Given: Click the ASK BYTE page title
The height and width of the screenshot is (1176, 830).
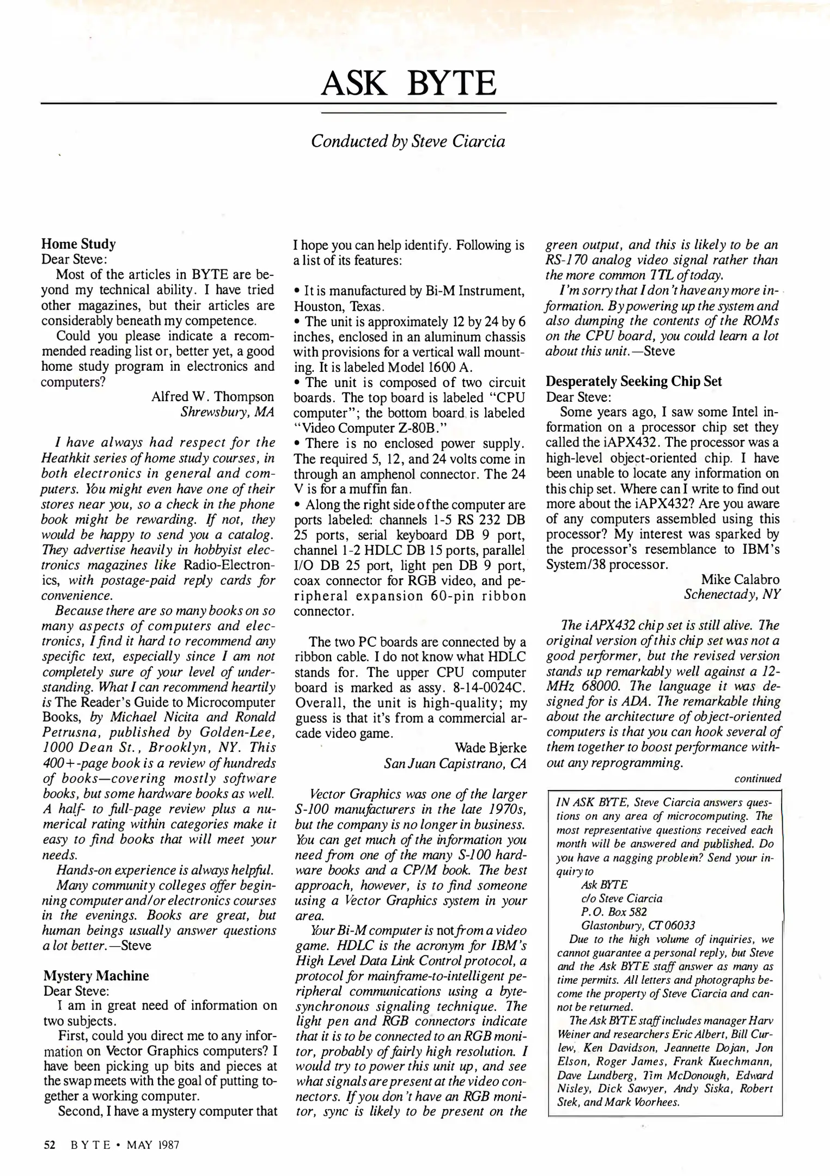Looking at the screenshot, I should coord(408,83).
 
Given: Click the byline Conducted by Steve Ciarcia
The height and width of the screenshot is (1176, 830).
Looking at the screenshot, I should coord(408,142).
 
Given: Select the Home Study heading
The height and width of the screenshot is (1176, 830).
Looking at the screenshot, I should coord(78,244).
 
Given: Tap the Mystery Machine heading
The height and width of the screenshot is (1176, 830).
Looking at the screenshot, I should coord(96,976).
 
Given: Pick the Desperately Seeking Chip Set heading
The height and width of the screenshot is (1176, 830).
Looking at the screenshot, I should coord(634,381).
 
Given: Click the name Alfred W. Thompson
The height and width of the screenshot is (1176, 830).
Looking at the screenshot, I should coord(212,396).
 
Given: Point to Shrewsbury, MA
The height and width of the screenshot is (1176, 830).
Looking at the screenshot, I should coord(227,412).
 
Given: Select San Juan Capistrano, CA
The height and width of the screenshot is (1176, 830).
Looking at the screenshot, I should coord(455,763).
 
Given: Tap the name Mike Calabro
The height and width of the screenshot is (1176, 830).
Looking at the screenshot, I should coord(740,579).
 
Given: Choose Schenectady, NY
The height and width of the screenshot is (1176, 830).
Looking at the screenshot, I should coord(732,595).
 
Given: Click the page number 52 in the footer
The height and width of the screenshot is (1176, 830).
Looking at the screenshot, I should coord(50,1145).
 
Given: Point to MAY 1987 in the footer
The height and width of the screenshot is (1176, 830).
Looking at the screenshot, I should coord(152,1145).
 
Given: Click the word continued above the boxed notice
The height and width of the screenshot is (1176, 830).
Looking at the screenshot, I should coord(758,779).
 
